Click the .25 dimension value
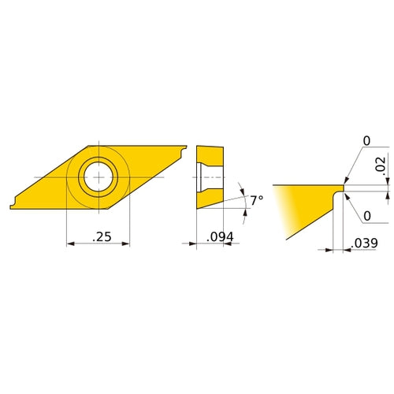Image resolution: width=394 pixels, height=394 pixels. click(x=102, y=236)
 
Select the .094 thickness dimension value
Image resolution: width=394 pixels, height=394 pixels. click(x=220, y=237)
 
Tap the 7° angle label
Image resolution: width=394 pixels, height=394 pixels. click(x=256, y=200)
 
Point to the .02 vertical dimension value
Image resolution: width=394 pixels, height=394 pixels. click(x=380, y=164)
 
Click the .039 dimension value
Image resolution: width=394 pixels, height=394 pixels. click(x=364, y=243)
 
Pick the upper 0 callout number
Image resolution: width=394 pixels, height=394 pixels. click(x=366, y=141)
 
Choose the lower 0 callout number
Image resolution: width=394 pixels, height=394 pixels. click(x=367, y=216)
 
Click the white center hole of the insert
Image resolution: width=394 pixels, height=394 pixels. click(x=98, y=177)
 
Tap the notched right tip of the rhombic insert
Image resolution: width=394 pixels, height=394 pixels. click(x=184, y=149)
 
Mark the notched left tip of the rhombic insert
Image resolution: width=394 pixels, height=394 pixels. click(x=13, y=206)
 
